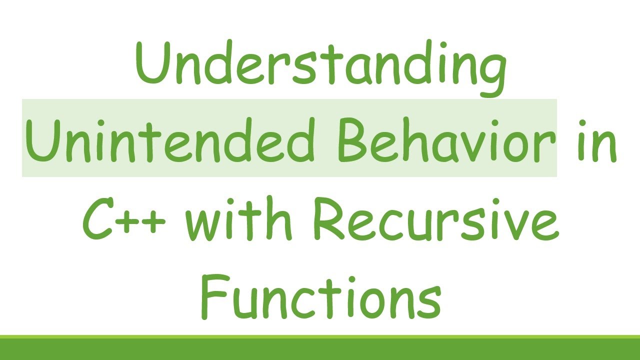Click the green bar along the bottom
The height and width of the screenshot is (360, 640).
(x=320, y=348)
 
